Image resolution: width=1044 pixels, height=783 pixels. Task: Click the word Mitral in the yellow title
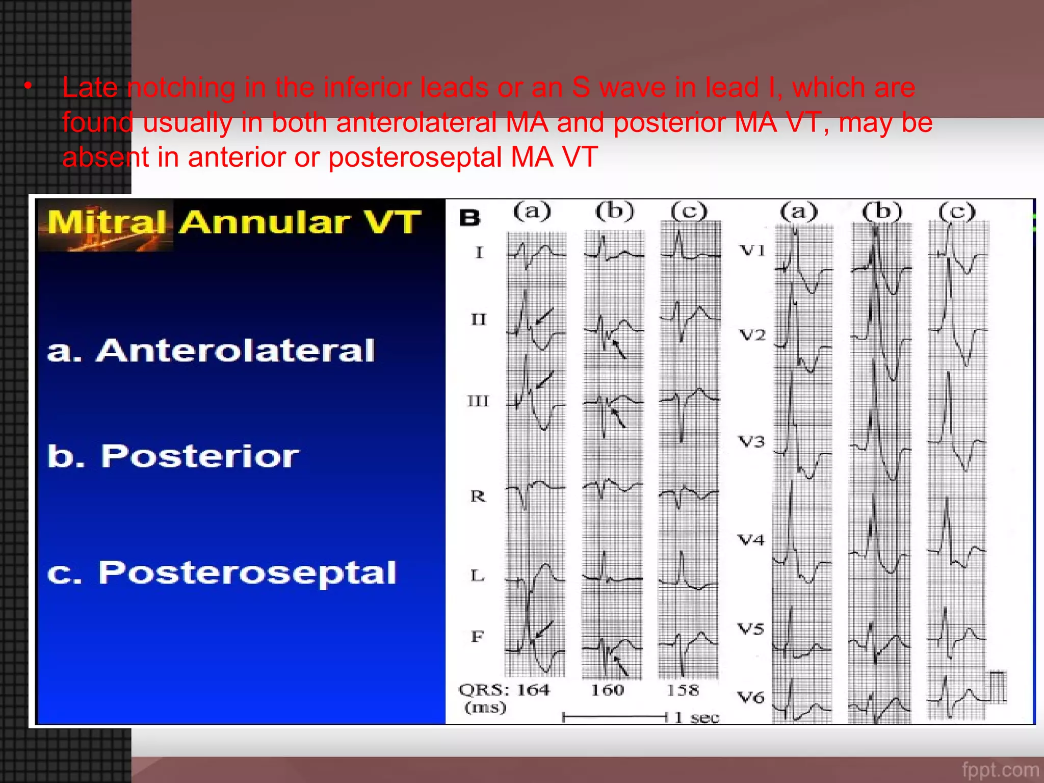click(107, 223)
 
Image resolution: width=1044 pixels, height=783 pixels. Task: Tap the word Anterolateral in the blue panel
click(236, 351)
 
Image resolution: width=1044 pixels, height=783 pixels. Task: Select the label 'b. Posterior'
click(173, 456)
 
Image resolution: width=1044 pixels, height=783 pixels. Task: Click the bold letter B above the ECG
click(469, 218)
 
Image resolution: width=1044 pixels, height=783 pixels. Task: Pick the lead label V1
click(752, 250)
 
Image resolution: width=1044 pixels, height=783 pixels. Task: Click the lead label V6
click(751, 697)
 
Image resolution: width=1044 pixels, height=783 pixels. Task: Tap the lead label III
click(478, 401)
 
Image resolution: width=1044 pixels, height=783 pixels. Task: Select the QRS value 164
click(533, 690)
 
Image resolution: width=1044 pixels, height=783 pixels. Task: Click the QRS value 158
click(683, 690)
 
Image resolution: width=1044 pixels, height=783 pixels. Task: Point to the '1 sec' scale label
click(696, 718)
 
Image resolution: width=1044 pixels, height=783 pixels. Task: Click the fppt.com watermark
click(1000, 769)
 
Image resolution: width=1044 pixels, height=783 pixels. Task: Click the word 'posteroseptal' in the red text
click(415, 156)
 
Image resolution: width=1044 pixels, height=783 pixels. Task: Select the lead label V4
click(751, 539)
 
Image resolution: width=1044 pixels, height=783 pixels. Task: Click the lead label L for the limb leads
click(477, 576)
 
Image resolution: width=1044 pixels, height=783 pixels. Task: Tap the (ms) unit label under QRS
click(485, 708)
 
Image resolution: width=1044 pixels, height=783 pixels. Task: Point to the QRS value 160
click(607, 690)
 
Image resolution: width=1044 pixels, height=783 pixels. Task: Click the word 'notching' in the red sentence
click(181, 87)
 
